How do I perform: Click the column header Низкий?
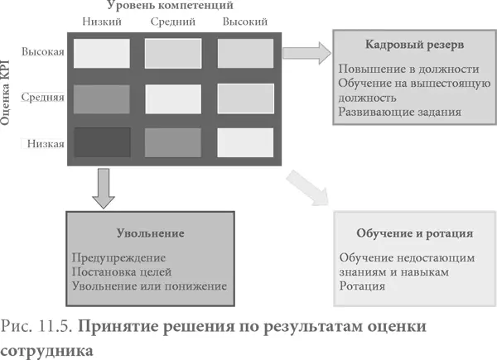(103, 22)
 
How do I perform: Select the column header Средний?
(173, 22)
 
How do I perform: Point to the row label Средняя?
(44, 98)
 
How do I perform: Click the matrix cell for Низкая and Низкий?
(102, 142)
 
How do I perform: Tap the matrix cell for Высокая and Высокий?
(245, 53)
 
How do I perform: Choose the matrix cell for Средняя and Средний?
(173, 98)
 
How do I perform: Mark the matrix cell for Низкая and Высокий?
(245, 142)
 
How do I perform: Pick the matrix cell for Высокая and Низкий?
(102, 53)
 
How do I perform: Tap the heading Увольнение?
(151, 233)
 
